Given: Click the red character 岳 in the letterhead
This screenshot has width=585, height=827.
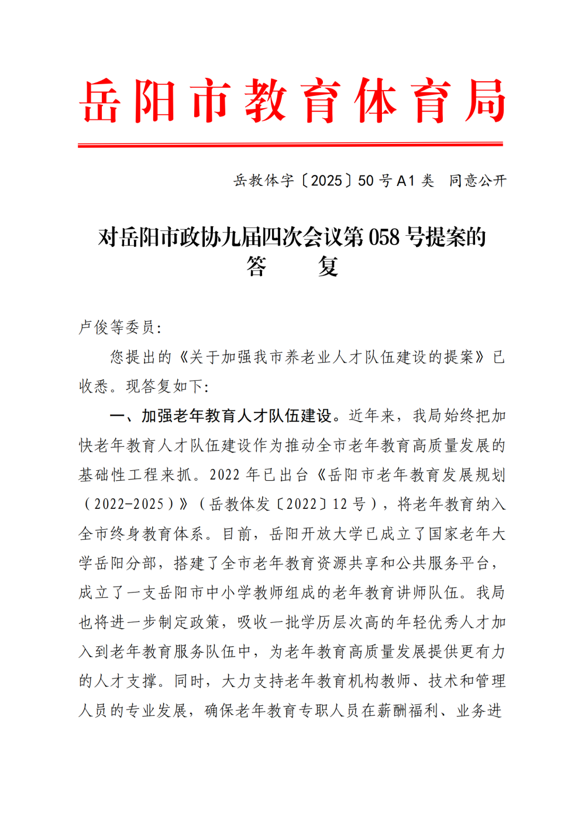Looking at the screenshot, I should pyautogui.click(x=101, y=101).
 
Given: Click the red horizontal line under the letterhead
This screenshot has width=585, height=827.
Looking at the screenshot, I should pyautogui.click(x=290, y=144).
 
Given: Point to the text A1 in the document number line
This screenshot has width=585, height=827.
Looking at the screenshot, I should pyautogui.click(x=405, y=181).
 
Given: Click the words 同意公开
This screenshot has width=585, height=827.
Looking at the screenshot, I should pyautogui.click(x=477, y=181).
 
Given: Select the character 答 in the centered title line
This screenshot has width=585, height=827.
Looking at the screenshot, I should pyautogui.click(x=256, y=267).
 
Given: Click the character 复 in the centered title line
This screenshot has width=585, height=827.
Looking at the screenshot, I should pyautogui.click(x=328, y=267).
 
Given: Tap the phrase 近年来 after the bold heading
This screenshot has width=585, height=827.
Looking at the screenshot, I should pyautogui.click(x=372, y=416).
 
